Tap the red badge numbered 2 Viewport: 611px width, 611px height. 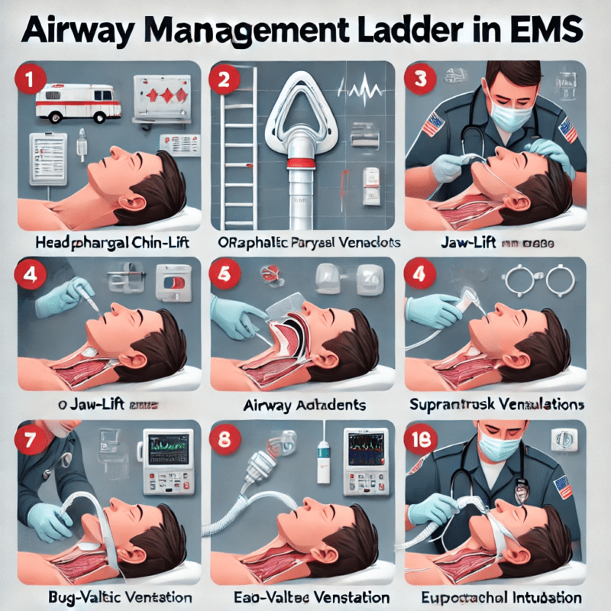point(225,82)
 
